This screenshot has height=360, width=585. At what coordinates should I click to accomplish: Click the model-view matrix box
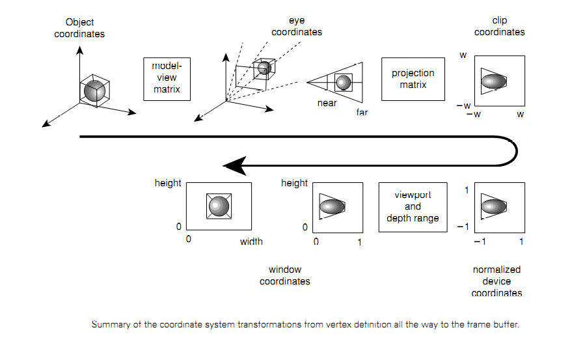pyautogui.click(x=167, y=78)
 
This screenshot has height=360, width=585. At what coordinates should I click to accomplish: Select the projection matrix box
pyautogui.click(x=413, y=78)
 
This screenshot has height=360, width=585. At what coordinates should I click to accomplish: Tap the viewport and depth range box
pyautogui.click(x=413, y=206)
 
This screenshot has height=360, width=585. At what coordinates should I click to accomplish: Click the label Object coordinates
pyautogui.click(x=79, y=28)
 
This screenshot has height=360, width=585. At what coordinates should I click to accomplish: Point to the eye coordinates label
pyautogui.click(x=296, y=27)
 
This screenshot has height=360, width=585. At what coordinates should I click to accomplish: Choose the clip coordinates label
pyautogui.click(x=499, y=26)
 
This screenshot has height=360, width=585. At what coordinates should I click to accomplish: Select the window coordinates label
pyautogui.click(x=284, y=275)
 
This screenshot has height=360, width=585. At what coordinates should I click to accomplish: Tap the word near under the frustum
pyautogui.click(x=327, y=103)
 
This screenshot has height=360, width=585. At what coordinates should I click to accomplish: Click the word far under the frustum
pyautogui.click(x=362, y=112)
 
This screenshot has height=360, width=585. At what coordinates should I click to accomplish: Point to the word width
pyautogui.click(x=251, y=242)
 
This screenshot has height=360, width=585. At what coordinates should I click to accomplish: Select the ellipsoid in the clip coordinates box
pyautogui.click(x=495, y=81)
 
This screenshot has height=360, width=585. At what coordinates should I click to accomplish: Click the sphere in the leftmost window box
pyautogui.click(x=219, y=206)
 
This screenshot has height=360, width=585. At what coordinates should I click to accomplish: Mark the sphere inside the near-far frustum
pyautogui.click(x=343, y=82)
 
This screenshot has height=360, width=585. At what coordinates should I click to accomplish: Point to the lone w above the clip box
pyautogui.click(x=463, y=55)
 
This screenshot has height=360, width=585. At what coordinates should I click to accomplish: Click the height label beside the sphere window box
pyautogui.click(x=167, y=183)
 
